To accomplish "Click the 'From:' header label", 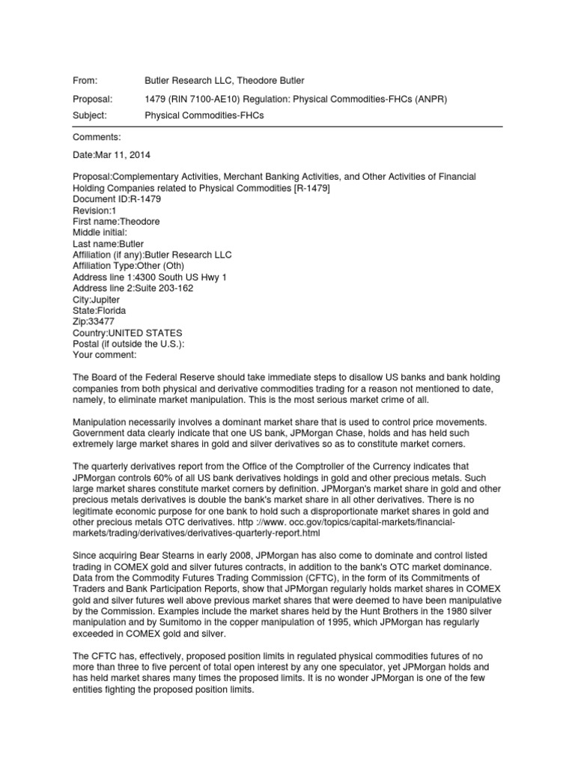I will click(x=85, y=79).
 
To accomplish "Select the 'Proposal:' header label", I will click(x=93, y=99).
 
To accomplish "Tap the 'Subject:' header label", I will click(x=90, y=115).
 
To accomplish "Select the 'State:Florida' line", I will click(x=100, y=310).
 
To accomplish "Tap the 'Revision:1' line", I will click(x=95, y=210).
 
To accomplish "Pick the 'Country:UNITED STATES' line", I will click(x=127, y=333).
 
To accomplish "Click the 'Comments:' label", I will click(x=94, y=138).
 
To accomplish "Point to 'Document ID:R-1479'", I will click(x=116, y=199).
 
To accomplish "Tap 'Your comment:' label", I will click(x=105, y=355).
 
